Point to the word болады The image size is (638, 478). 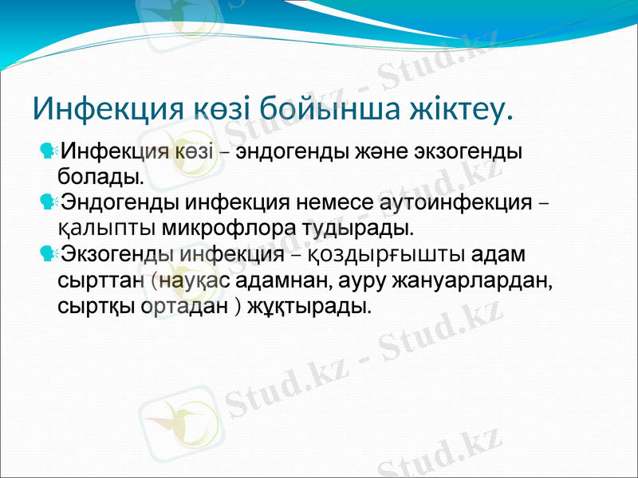(x=101, y=174)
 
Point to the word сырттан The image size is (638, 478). (x=100, y=280)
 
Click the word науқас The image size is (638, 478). (x=191, y=280)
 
